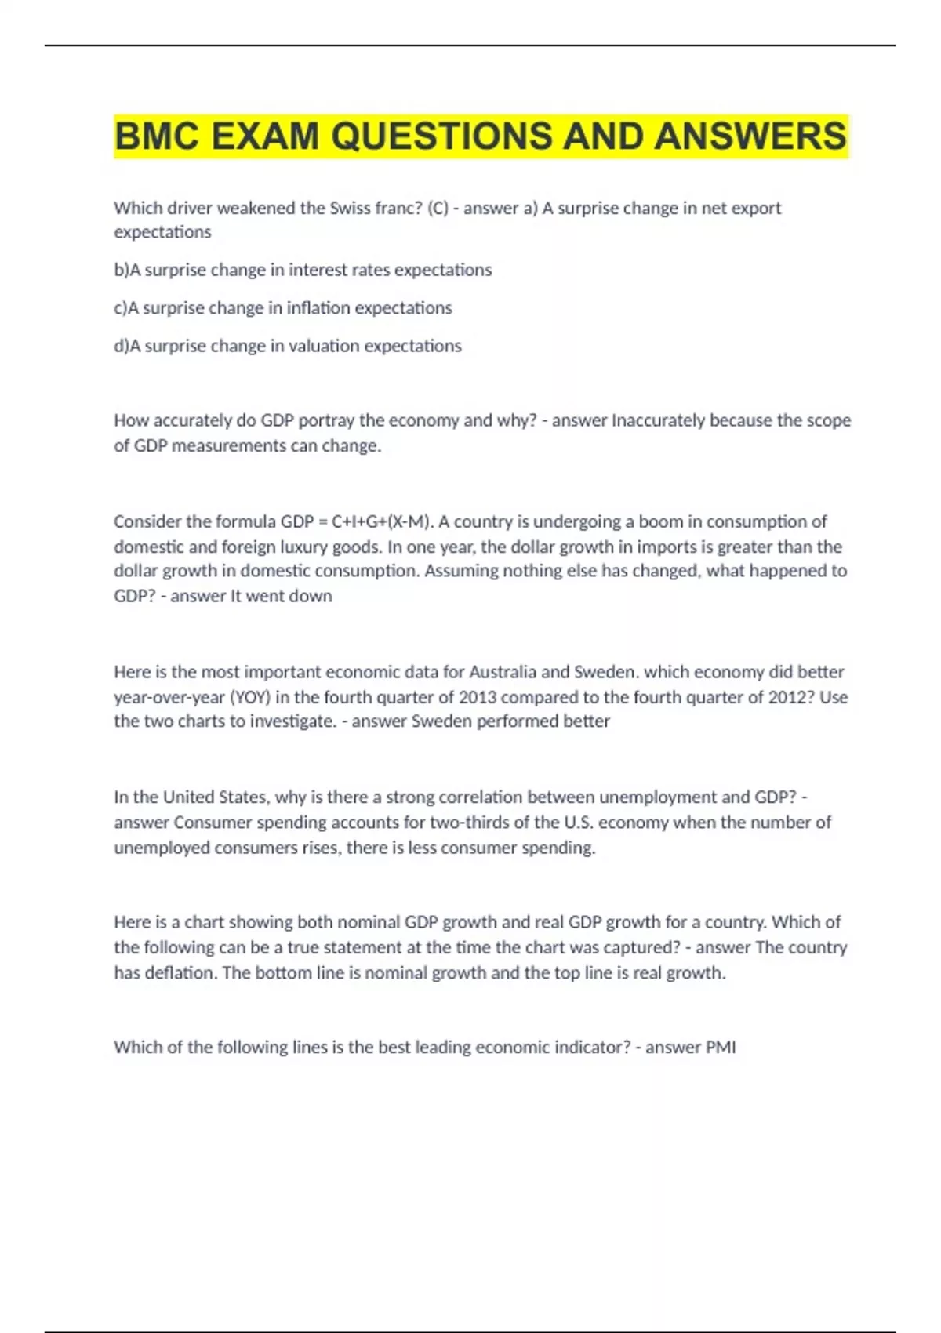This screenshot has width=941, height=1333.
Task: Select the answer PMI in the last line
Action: tap(721, 1047)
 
